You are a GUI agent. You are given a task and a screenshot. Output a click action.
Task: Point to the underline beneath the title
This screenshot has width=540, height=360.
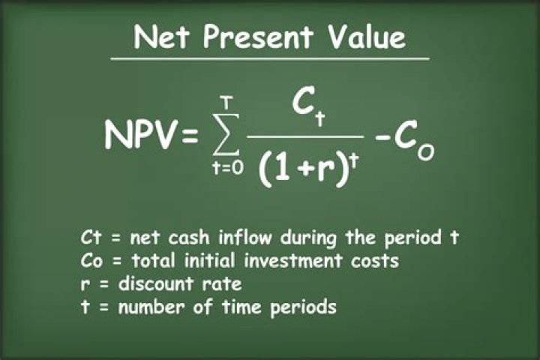point(270,58)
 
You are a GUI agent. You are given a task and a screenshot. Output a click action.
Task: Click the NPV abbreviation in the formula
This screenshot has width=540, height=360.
point(141,137)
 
